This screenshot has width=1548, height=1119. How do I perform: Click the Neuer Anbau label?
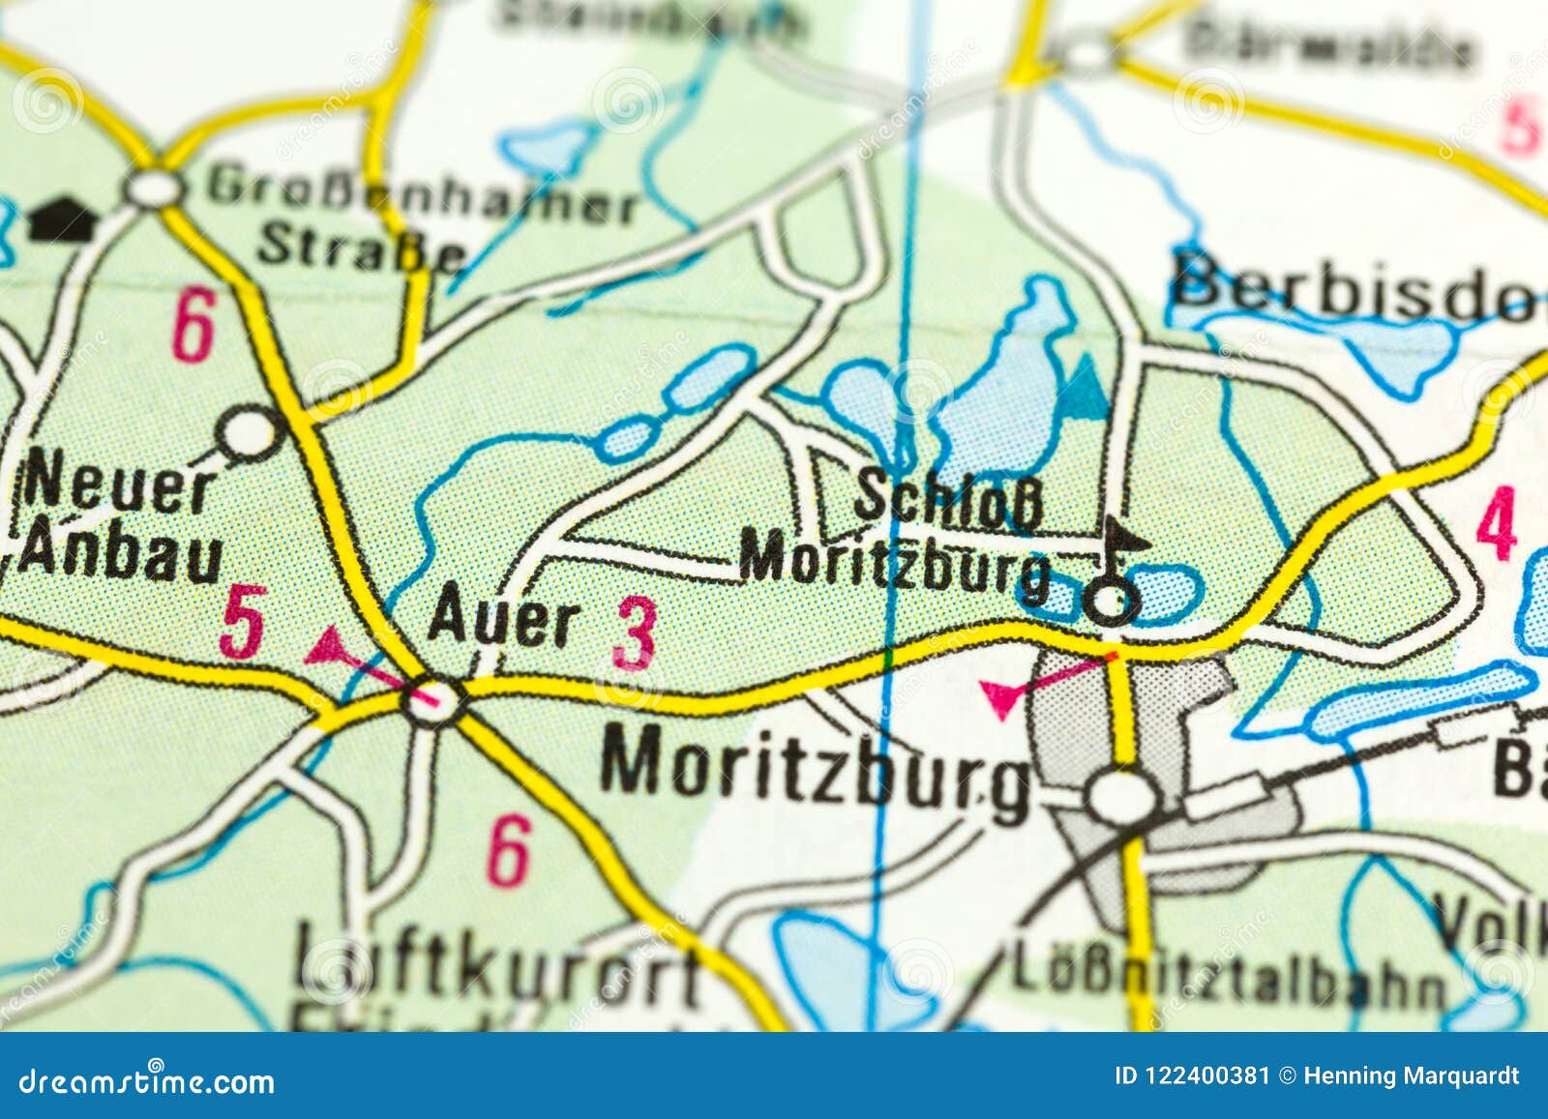[121, 522]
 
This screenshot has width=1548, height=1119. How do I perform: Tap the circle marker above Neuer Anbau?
[250, 432]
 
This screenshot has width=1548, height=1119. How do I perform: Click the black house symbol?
[59, 220]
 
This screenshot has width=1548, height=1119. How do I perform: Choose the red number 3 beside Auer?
[635, 634]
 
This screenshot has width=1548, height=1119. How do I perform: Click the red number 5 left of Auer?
[242, 621]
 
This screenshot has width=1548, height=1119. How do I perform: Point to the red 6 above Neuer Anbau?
[193, 329]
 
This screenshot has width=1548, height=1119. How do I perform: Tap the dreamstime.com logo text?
[145, 1080]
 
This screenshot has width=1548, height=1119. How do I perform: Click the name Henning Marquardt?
[1412, 1075]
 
